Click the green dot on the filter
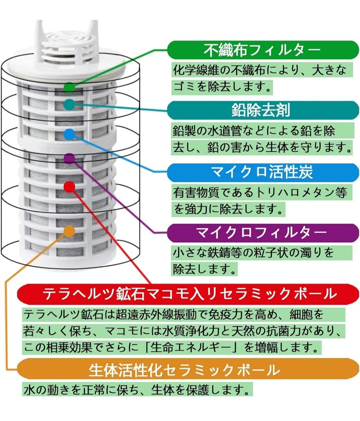(x=69, y=87)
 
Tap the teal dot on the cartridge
(x=69, y=104)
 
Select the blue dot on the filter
(x=69, y=134)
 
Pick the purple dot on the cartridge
(x=69, y=159)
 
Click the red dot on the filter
(x=69, y=187)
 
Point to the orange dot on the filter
(x=69, y=231)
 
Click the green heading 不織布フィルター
(x=262, y=50)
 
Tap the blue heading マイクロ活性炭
(x=262, y=172)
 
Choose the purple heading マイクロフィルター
(x=262, y=232)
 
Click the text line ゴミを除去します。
(x=222, y=87)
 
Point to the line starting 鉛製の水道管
(x=254, y=131)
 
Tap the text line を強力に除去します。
(x=229, y=209)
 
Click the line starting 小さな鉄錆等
(x=253, y=253)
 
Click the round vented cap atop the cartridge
(x=67, y=45)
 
